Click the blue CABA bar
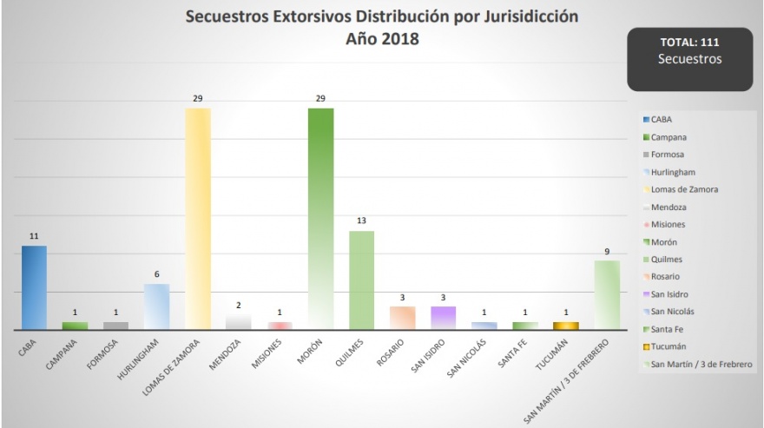click(x=34, y=287)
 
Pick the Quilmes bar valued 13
click(x=362, y=280)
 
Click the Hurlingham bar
click(x=157, y=306)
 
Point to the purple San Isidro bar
click(x=444, y=318)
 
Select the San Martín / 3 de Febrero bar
click(x=608, y=295)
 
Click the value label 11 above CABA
click(x=34, y=236)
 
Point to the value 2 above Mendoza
click(x=239, y=305)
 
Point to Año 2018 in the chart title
click(x=383, y=39)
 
